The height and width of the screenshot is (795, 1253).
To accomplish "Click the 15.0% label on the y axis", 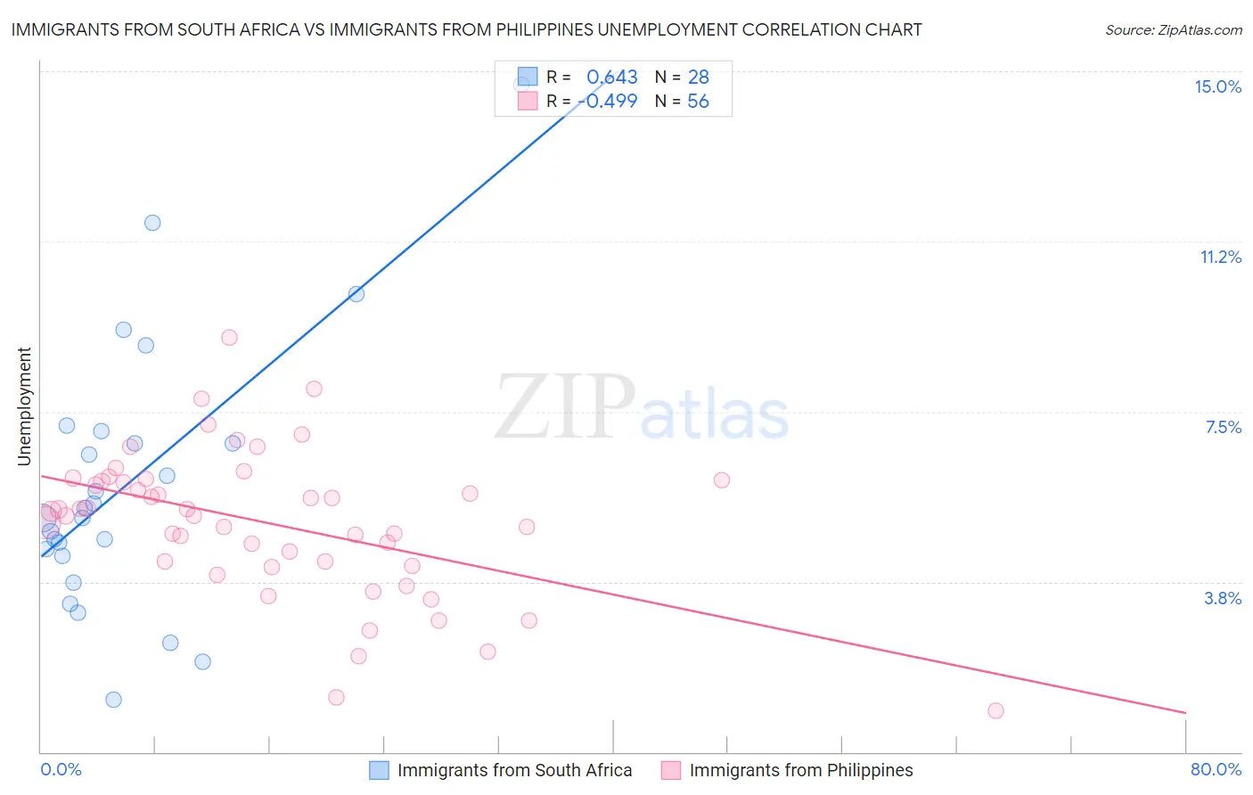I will pos(1217,86).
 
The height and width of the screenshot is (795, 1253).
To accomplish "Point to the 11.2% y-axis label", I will pos(1220,257).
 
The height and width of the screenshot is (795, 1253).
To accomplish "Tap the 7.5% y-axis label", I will pos(1223,427).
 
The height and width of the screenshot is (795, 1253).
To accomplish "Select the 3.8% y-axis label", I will pos(1223,598).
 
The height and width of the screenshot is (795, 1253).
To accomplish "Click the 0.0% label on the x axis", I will pos(61,769).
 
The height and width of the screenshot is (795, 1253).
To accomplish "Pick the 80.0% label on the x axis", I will pos(1216,769).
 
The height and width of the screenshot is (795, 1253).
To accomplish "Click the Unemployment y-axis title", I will pos(24,406).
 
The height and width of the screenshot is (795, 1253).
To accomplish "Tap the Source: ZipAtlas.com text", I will pos(1173,29).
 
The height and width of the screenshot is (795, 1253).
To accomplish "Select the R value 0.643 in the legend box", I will pos(611,78).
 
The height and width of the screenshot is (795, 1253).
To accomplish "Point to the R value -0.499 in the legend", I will pos(608,102).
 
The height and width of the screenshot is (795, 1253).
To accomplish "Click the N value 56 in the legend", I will pos(698,102).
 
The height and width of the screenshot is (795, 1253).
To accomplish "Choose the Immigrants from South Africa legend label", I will pos(514,770).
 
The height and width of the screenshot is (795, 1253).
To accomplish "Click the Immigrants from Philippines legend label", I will pos(800,770).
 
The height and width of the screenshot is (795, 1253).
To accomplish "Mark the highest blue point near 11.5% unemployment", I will pos(152,223).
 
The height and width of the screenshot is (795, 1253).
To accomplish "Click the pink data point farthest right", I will pos(995,710).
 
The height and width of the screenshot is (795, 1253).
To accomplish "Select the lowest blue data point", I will pos(113,700).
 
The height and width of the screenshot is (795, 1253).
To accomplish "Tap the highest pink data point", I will pos(229,338).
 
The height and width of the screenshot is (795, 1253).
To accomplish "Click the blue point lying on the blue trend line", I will pos(356,294).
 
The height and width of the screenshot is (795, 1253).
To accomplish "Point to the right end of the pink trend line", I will pos(1185,713).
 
